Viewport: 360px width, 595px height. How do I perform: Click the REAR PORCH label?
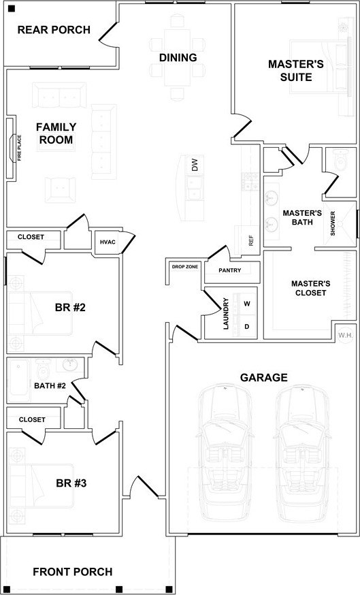click(x=54, y=29)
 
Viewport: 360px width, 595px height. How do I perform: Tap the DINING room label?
click(x=178, y=58)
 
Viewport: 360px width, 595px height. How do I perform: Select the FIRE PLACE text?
click(x=19, y=148)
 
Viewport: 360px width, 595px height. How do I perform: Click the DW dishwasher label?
click(x=195, y=165)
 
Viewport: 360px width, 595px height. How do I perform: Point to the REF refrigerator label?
click(x=250, y=240)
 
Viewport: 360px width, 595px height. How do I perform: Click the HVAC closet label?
click(x=108, y=242)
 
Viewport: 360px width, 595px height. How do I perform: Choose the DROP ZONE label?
click(x=184, y=267)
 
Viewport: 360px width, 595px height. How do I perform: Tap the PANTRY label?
click(x=230, y=270)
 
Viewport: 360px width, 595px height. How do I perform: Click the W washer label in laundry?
click(x=247, y=304)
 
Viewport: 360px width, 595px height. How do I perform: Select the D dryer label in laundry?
click(x=247, y=326)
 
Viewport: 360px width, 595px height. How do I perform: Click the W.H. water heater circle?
click(x=346, y=336)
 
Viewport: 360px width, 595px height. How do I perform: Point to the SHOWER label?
click(x=333, y=223)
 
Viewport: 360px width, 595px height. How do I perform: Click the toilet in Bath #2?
click(x=44, y=369)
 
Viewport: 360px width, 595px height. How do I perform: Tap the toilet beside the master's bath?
click(x=341, y=159)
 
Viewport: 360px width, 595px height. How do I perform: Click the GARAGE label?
click(x=264, y=378)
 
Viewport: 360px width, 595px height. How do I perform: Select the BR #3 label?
click(x=71, y=483)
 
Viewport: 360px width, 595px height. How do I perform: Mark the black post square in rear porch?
click(x=12, y=8)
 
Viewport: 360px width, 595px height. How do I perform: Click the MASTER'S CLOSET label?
click(x=311, y=288)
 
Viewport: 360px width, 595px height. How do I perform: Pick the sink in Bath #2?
click(x=70, y=365)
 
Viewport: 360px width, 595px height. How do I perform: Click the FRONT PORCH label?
click(x=72, y=572)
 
